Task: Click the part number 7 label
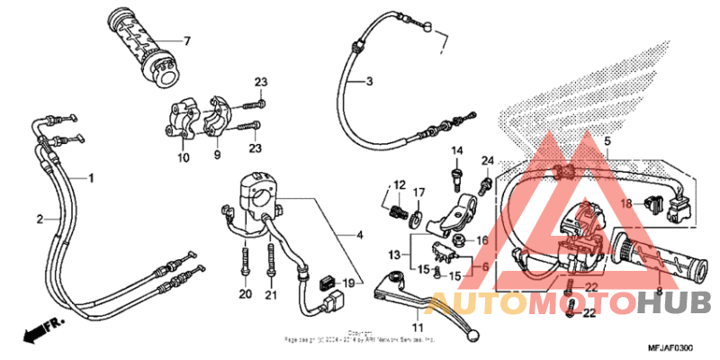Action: click(x=187, y=41)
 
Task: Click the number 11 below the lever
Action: click(x=416, y=327)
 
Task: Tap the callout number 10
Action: click(x=184, y=158)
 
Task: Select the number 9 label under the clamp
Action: click(x=216, y=155)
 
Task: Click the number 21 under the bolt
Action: click(x=271, y=294)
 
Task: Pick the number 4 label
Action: click(x=360, y=236)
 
